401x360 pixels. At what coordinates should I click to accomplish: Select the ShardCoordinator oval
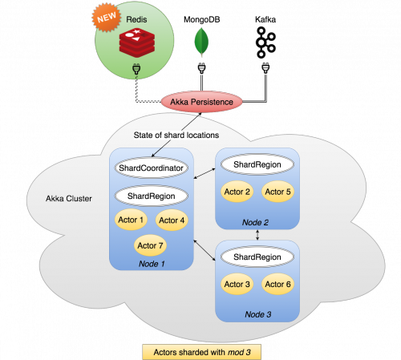coord(152,168)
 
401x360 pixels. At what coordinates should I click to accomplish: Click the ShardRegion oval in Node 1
coord(152,196)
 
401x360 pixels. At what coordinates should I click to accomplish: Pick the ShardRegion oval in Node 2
coord(257,164)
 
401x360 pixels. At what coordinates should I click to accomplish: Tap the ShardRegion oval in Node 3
coord(257,257)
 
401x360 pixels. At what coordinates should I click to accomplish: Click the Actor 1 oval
coord(129,220)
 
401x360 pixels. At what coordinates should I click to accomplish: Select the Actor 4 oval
coord(172,220)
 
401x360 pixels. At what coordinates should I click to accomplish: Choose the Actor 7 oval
coord(152,245)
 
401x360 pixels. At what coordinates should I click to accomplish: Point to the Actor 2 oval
coord(237,192)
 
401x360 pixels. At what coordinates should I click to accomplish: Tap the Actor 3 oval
coord(237,285)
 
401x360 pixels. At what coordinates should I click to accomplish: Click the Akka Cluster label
coord(69,199)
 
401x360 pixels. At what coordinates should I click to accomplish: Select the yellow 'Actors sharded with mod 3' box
coord(200,350)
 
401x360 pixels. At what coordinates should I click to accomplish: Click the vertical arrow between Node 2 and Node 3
coord(257,234)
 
